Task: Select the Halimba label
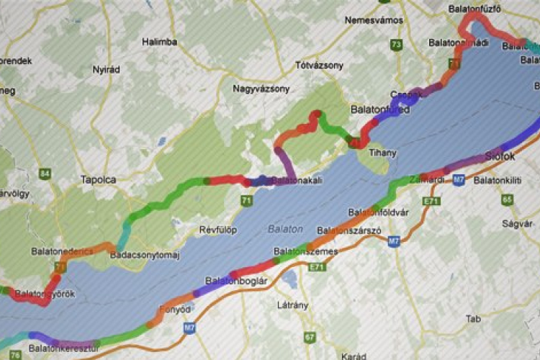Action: [x=159, y=42]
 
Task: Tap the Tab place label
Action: [x=473, y=318]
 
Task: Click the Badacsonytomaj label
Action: [x=143, y=255]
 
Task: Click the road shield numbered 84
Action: [x=46, y=174]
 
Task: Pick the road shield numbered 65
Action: [x=507, y=199]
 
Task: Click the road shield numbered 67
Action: [x=310, y=336]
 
